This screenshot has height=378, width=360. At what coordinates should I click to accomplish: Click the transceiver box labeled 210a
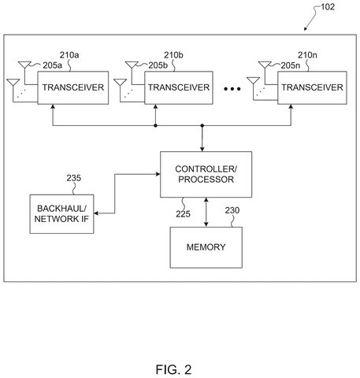(x=73, y=87)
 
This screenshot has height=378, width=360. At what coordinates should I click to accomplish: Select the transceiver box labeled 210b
(x=179, y=87)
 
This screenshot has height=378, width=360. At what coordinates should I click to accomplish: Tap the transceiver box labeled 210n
(x=312, y=87)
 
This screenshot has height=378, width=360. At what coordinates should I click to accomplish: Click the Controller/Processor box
(x=206, y=174)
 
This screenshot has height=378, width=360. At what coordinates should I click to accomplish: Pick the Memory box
(x=206, y=247)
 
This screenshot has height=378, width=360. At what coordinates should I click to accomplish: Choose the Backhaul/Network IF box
(x=61, y=214)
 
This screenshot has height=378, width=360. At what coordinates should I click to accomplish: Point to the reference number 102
(x=328, y=7)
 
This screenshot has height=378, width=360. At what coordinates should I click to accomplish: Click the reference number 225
(x=183, y=214)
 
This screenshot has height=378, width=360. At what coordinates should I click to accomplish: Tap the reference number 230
(x=232, y=210)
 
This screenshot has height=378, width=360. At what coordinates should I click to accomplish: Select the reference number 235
(x=73, y=178)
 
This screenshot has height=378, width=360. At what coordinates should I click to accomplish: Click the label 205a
(x=53, y=65)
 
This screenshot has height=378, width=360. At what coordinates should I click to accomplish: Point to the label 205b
(x=158, y=65)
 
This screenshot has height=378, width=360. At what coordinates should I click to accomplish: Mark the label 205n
(x=291, y=65)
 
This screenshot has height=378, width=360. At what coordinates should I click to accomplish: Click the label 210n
(x=307, y=55)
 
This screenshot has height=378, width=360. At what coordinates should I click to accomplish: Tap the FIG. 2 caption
(x=173, y=369)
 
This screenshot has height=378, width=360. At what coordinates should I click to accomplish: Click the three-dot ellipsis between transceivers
(x=232, y=89)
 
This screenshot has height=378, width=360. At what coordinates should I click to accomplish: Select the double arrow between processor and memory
(x=206, y=212)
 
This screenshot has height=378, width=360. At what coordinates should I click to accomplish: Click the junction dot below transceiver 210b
(x=155, y=126)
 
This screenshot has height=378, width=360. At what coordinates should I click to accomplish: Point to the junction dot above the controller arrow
(x=202, y=126)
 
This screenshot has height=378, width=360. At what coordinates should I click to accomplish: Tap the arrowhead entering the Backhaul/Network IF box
(x=96, y=213)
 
